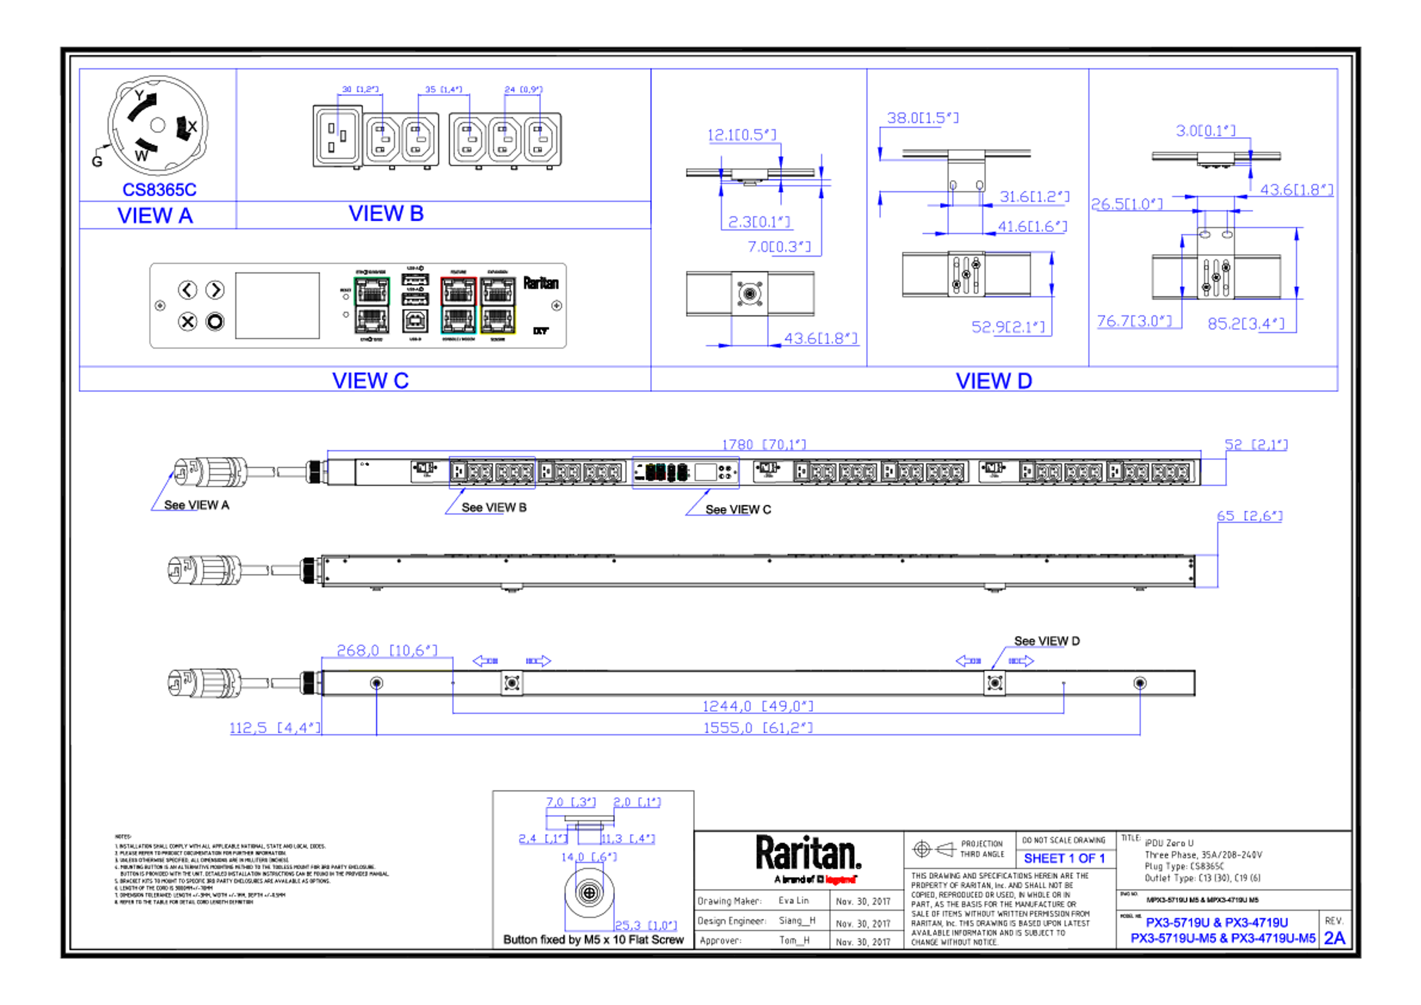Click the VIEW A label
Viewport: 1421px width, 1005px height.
pos(155,215)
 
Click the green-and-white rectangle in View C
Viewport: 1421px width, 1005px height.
pos(372,305)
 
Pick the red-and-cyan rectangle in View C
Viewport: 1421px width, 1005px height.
pos(458,305)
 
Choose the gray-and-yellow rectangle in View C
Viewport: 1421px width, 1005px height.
pos(498,305)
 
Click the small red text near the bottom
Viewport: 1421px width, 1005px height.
pos(840,879)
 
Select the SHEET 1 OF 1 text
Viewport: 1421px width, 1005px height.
pos(1064,859)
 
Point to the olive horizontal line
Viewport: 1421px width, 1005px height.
pos(400,669)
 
